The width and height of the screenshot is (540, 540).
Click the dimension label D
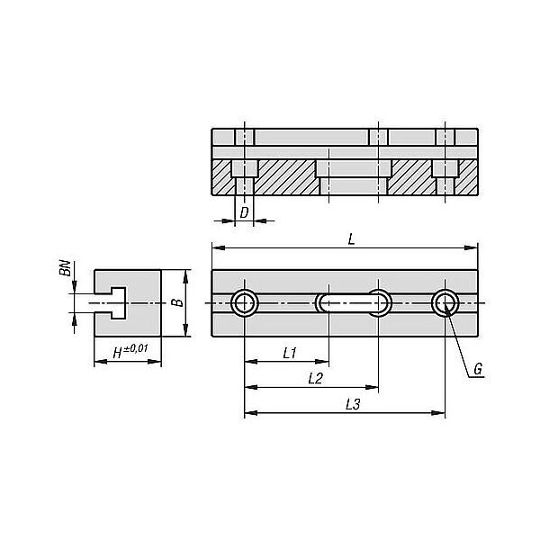tap(244, 212)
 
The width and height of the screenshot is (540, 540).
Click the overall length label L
tap(351, 239)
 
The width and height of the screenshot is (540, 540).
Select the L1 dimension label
tap(290, 353)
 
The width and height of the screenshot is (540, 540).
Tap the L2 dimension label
tap(315, 379)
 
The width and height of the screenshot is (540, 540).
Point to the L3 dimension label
tap(353, 404)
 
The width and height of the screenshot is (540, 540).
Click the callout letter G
tap(478, 369)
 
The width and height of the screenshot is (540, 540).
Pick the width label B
tap(177, 302)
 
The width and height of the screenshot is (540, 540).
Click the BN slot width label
tap(65, 268)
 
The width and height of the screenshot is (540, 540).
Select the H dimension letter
tap(118, 353)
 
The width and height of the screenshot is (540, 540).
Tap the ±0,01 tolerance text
tap(136, 348)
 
